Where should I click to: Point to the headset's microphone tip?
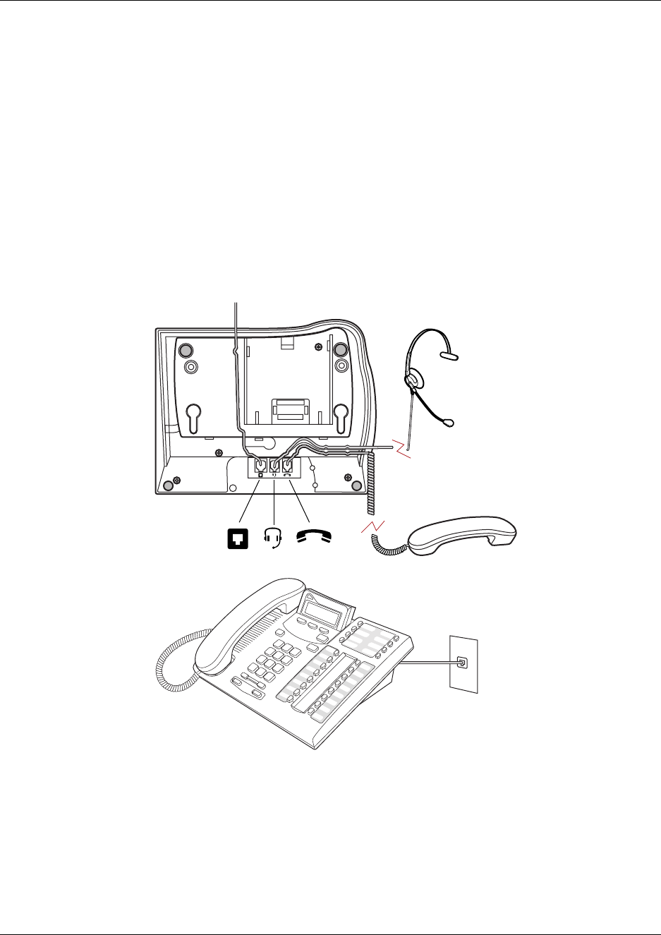pos(448,423)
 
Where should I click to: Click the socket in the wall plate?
pos(462,663)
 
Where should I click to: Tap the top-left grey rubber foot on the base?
pos(185,350)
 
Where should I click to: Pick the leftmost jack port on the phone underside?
pos(260,465)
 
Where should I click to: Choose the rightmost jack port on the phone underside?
pos(287,465)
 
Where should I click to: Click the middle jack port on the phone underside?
pos(274,465)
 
